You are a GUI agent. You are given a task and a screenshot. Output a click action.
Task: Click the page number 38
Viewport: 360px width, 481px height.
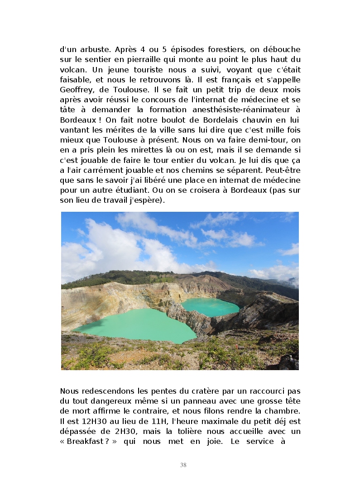183,465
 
